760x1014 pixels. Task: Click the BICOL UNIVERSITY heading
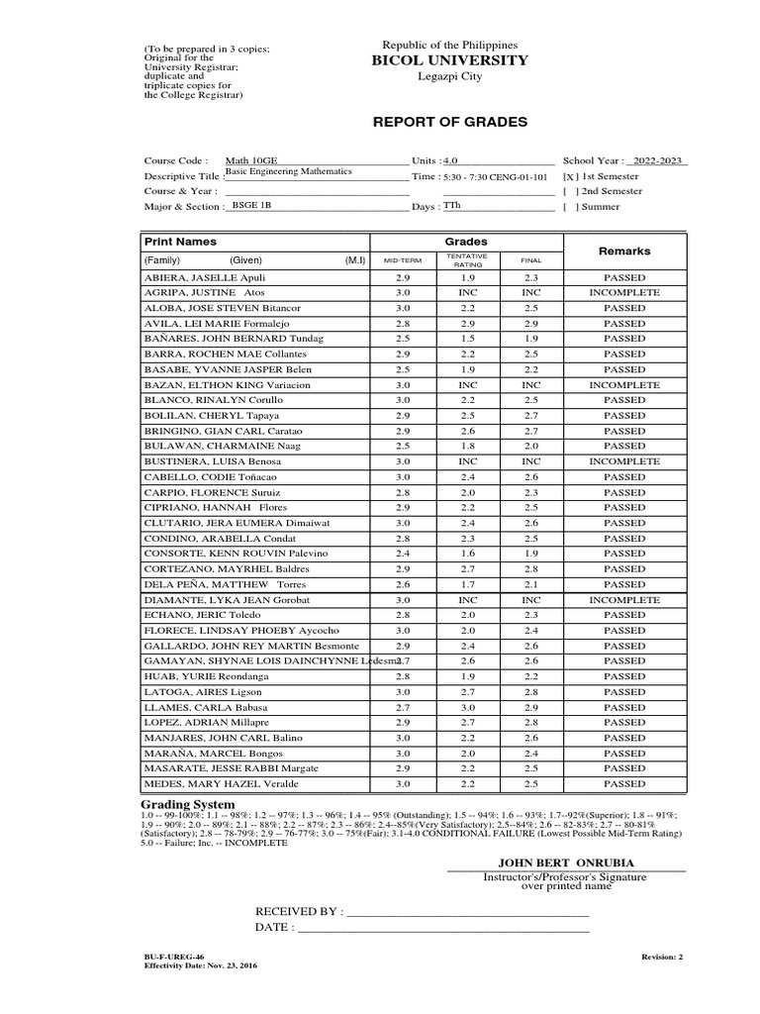coord(449,61)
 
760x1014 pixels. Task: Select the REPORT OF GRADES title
coord(449,122)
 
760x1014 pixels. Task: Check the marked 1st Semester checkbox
coord(570,175)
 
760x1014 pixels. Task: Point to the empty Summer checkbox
coord(570,207)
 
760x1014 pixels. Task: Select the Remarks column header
coord(624,252)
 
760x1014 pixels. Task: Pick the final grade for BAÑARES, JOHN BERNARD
coord(531,339)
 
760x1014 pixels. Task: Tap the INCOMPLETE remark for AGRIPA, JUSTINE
coord(624,293)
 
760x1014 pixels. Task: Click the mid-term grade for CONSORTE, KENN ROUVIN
coord(402,554)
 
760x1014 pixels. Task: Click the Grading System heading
coord(188,804)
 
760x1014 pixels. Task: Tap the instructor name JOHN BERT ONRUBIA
coord(565,863)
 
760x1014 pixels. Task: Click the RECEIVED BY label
coord(299,911)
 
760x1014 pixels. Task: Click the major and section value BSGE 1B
coord(250,205)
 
